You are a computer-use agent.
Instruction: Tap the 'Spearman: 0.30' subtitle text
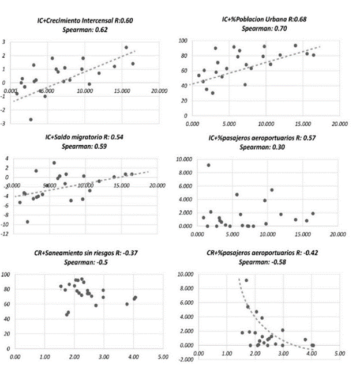(x=264, y=147)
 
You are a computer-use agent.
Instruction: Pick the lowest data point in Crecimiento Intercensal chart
(x=31, y=119)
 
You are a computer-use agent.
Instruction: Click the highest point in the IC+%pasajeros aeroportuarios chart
(x=208, y=165)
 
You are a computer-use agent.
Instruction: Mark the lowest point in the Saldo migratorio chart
(x=27, y=221)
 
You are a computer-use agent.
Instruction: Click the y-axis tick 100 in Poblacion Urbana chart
(x=182, y=41)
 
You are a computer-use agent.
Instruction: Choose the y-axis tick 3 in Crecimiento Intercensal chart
(x=5, y=42)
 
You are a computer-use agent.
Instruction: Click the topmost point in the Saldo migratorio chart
(x=54, y=163)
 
